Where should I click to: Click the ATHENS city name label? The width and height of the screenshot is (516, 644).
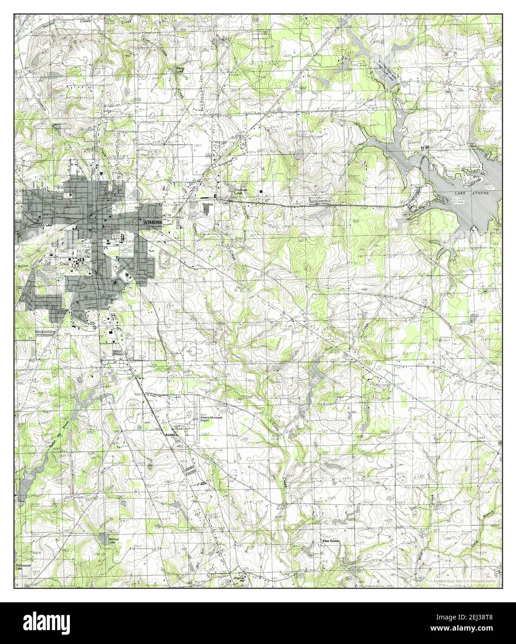(x=153, y=222)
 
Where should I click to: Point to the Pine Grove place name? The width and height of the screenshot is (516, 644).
(x=332, y=541)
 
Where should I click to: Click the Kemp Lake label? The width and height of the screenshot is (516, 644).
(x=179, y=70)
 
